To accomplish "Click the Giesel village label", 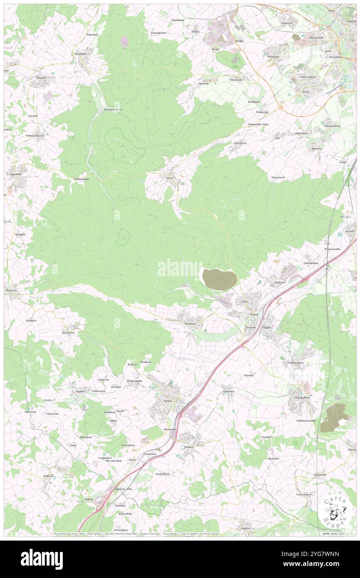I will point(170,178).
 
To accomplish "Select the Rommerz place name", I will point(190,324).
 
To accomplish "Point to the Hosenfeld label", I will point(16,174).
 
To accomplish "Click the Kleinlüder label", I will point(81,54).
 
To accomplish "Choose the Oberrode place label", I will point(203,83).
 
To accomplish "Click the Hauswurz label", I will point(12,291).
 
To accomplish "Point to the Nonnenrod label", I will point(278,178).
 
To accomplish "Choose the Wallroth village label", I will point(48,476).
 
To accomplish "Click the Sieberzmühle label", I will point(81,179).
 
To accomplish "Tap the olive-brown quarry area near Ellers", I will point(219,278).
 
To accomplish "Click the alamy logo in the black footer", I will point(42,559).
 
